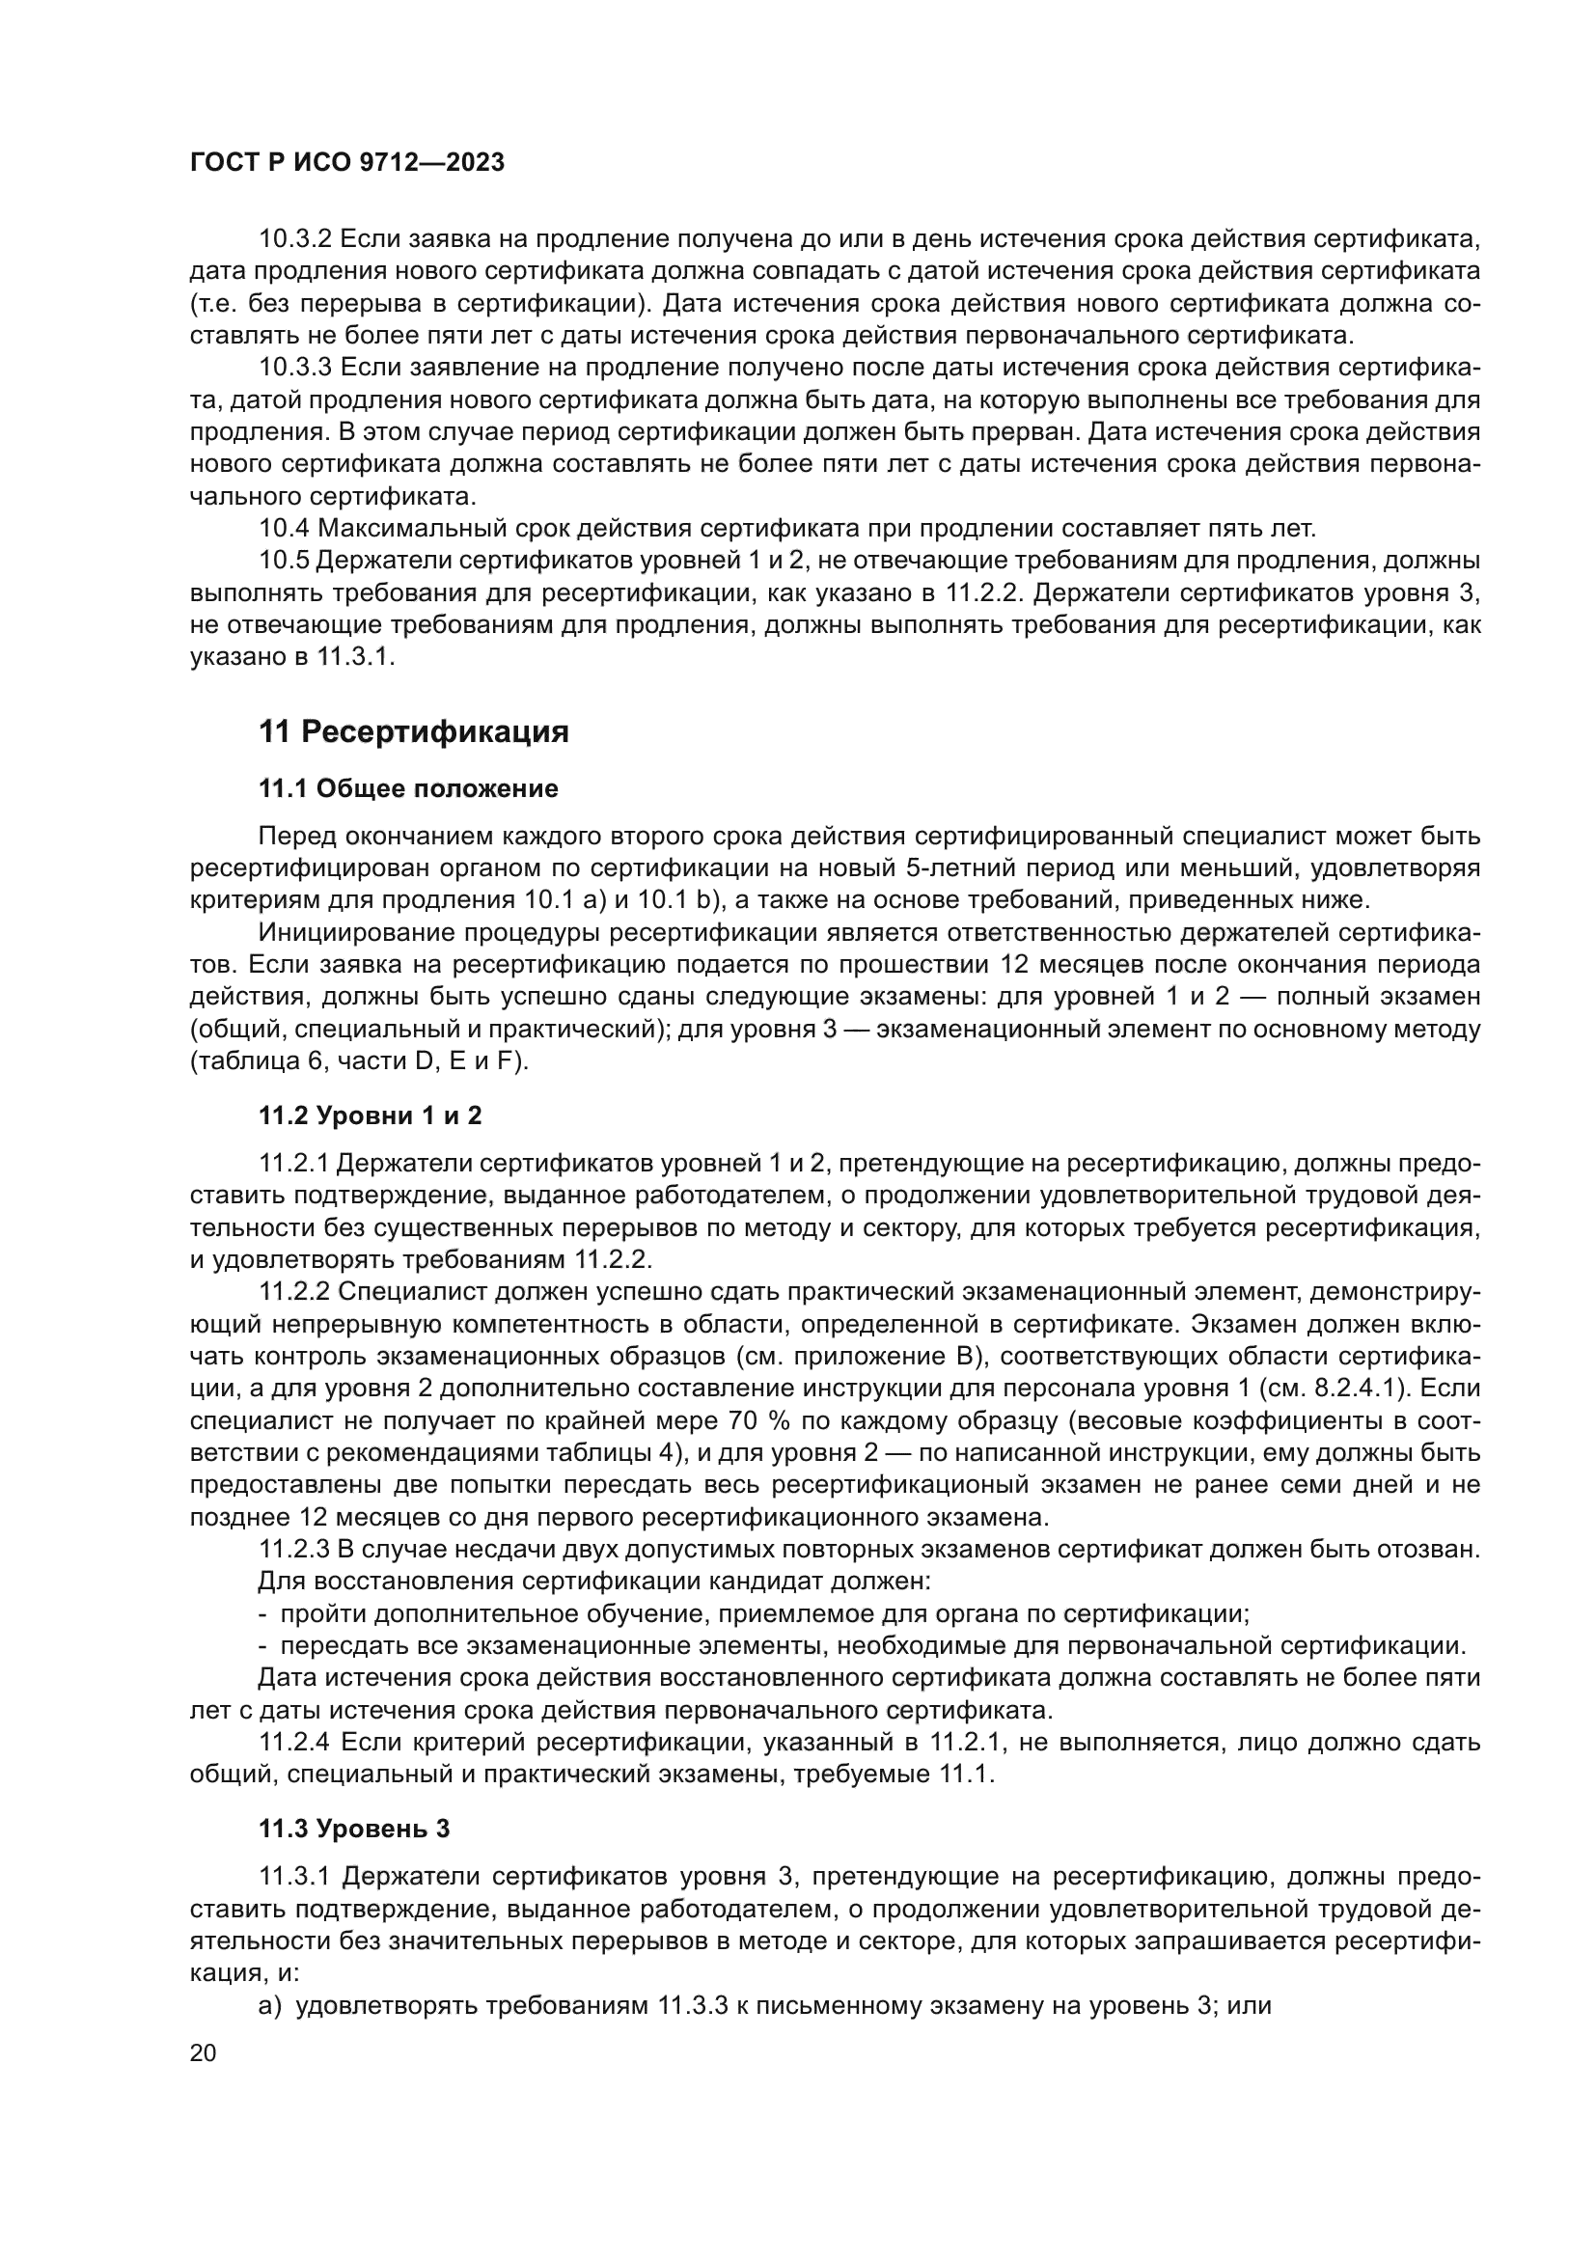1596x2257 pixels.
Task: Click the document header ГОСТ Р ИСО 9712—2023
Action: point(347,162)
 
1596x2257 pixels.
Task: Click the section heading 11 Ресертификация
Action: point(414,732)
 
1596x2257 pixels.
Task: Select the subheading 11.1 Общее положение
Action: point(408,788)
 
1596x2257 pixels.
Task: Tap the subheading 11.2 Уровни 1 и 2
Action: point(370,1115)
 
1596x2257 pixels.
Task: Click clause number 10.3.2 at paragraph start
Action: point(296,239)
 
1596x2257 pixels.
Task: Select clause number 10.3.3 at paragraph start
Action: point(296,368)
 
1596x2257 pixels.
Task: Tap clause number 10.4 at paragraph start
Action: point(283,529)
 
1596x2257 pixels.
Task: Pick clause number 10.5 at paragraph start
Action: point(283,562)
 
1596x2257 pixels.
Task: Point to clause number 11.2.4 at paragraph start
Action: point(296,1743)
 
